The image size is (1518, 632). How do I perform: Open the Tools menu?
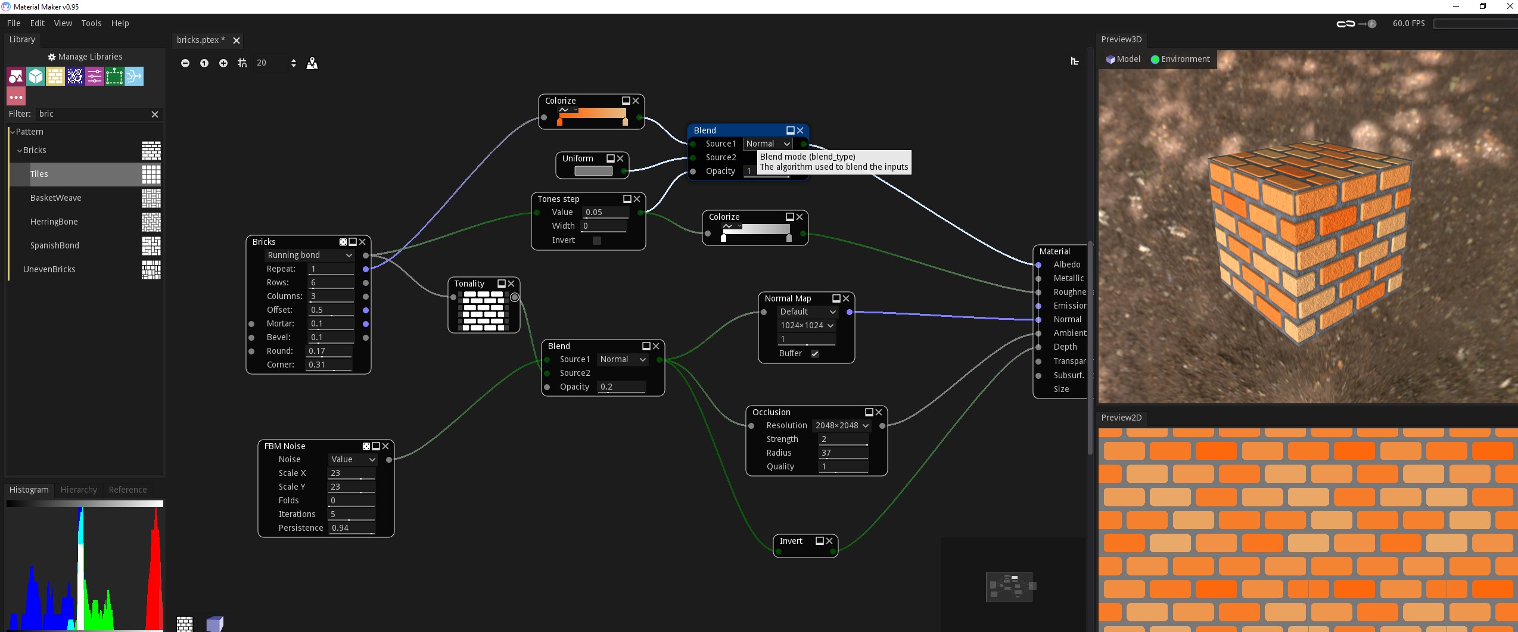pyautogui.click(x=91, y=23)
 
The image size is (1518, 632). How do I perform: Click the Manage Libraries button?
pyautogui.click(x=85, y=57)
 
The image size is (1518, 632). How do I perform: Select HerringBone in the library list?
pyautogui.click(x=54, y=222)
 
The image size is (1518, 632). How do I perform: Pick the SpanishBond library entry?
pyautogui.click(x=55, y=245)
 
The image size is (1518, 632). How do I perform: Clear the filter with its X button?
pyautogui.click(x=155, y=114)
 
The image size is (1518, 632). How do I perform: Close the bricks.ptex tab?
pyautogui.click(x=237, y=41)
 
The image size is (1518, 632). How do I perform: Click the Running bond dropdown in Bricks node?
pyautogui.click(x=309, y=255)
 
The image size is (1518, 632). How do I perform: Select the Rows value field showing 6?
pyautogui.click(x=331, y=282)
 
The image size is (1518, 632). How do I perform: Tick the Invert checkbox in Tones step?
pyautogui.click(x=596, y=241)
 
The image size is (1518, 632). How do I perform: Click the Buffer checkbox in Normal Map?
pyautogui.click(x=814, y=354)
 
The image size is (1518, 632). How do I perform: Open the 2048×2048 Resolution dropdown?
pyautogui.click(x=842, y=425)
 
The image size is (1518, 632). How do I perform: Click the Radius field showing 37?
pyautogui.click(x=843, y=453)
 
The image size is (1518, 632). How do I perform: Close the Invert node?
pyautogui.click(x=829, y=541)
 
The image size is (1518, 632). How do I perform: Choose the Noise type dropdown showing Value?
pyautogui.click(x=353, y=459)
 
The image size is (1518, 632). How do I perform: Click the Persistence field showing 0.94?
pyautogui.click(x=351, y=528)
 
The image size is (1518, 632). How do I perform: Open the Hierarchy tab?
pyautogui.click(x=79, y=490)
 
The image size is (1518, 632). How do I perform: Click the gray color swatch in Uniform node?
pyautogui.click(x=593, y=171)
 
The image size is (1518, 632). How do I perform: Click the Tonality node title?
pyautogui.click(x=469, y=284)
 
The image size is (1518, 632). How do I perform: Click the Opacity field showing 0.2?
pyautogui.click(x=621, y=387)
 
